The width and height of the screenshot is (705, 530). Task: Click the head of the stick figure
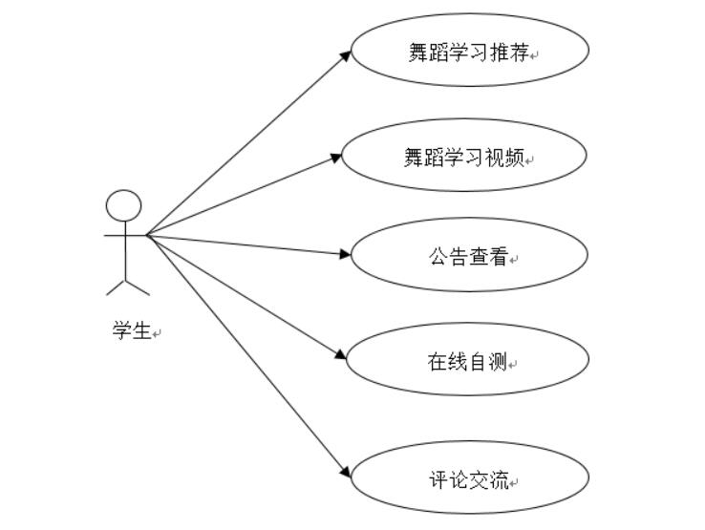pyautogui.click(x=124, y=205)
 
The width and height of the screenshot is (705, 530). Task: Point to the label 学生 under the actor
pyautogui.click(x=131, y=331)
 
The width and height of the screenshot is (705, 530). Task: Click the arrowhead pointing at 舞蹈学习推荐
pyautogui.click(x=347, y=53)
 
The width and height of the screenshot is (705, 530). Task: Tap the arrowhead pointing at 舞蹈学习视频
pyautogui.click(x=336, y=157)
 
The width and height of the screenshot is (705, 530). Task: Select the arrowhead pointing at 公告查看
pyautogui.click(x=347, y=254)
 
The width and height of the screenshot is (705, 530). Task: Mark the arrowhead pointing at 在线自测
pyautogui.click(x=341, y=356)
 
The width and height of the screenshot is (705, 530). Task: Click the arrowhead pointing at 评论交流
pyautogui.click(x=347, y=472)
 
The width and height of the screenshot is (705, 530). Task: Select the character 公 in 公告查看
pyautogui.click(x=438, y=256)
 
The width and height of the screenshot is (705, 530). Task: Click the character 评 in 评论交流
pyautogui.click(x=438, y=479)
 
